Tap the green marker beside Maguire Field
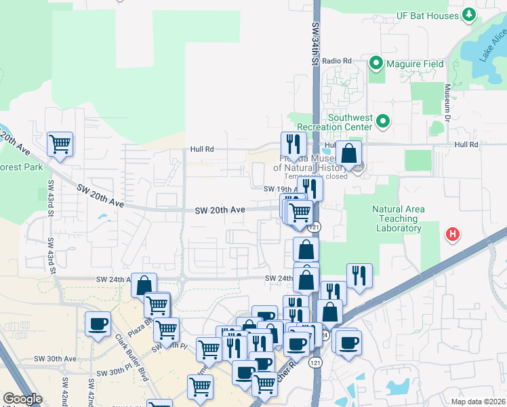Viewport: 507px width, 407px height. point(376,64)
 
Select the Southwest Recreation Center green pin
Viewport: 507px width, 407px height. point(384,122)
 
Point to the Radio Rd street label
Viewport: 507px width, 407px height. point(337,61)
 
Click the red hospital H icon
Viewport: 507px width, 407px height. point(452,235)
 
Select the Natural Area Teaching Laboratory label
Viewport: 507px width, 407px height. point(399,218)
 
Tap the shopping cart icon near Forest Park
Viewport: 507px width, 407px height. point(60,144)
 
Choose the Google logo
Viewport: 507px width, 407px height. point(22,399)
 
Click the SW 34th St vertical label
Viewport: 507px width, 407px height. point(316,41)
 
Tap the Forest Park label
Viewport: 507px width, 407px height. point(21,167)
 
